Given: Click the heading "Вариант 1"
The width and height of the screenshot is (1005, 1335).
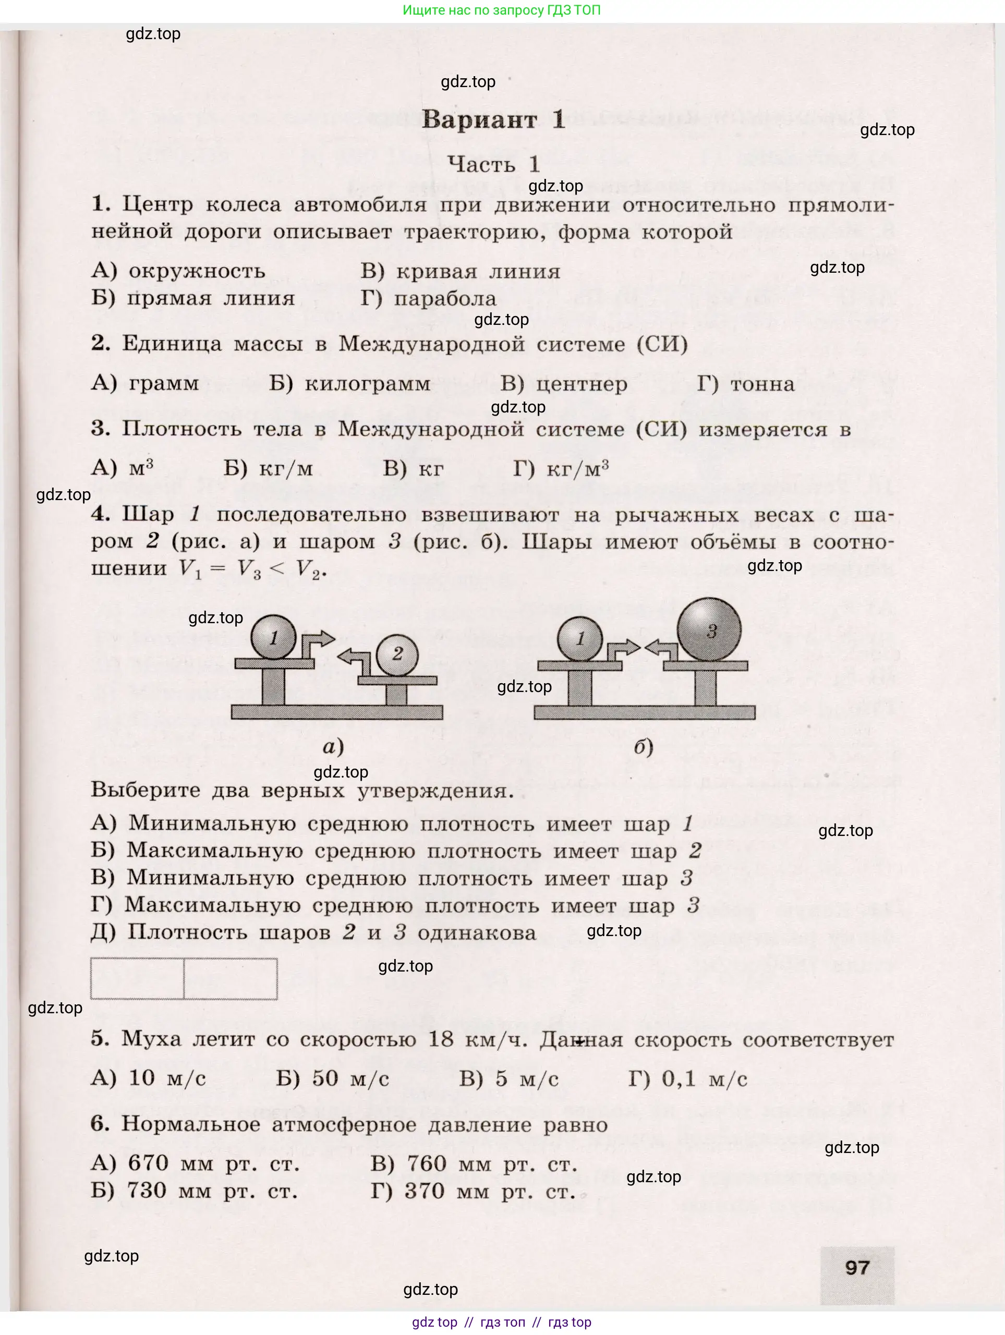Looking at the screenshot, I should point(493,119).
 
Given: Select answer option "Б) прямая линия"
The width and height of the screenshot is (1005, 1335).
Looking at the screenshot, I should point(193,298).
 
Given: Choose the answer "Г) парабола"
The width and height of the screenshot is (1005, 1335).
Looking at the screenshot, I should point(429,298).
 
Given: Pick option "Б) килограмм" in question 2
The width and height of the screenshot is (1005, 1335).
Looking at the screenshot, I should point(350,384).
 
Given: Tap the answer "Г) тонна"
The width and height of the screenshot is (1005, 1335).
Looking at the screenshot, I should point(746,384).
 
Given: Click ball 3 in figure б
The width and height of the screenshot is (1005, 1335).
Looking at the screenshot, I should point(709,630).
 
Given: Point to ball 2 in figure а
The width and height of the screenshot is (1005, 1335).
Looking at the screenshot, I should point(396,654).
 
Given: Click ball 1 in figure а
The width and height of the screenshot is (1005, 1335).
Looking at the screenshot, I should point(273,637).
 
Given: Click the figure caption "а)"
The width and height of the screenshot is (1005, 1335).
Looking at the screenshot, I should point(333,747).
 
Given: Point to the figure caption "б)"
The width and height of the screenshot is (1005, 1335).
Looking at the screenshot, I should point(644,747).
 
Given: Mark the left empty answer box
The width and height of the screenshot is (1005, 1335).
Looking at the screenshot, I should point(137,979).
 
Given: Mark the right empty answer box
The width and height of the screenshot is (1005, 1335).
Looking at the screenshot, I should point(231,979).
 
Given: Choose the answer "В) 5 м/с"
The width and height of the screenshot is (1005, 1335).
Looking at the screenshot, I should point(509,1078).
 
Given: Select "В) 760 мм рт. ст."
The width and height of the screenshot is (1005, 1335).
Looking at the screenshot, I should point(474,1163).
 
